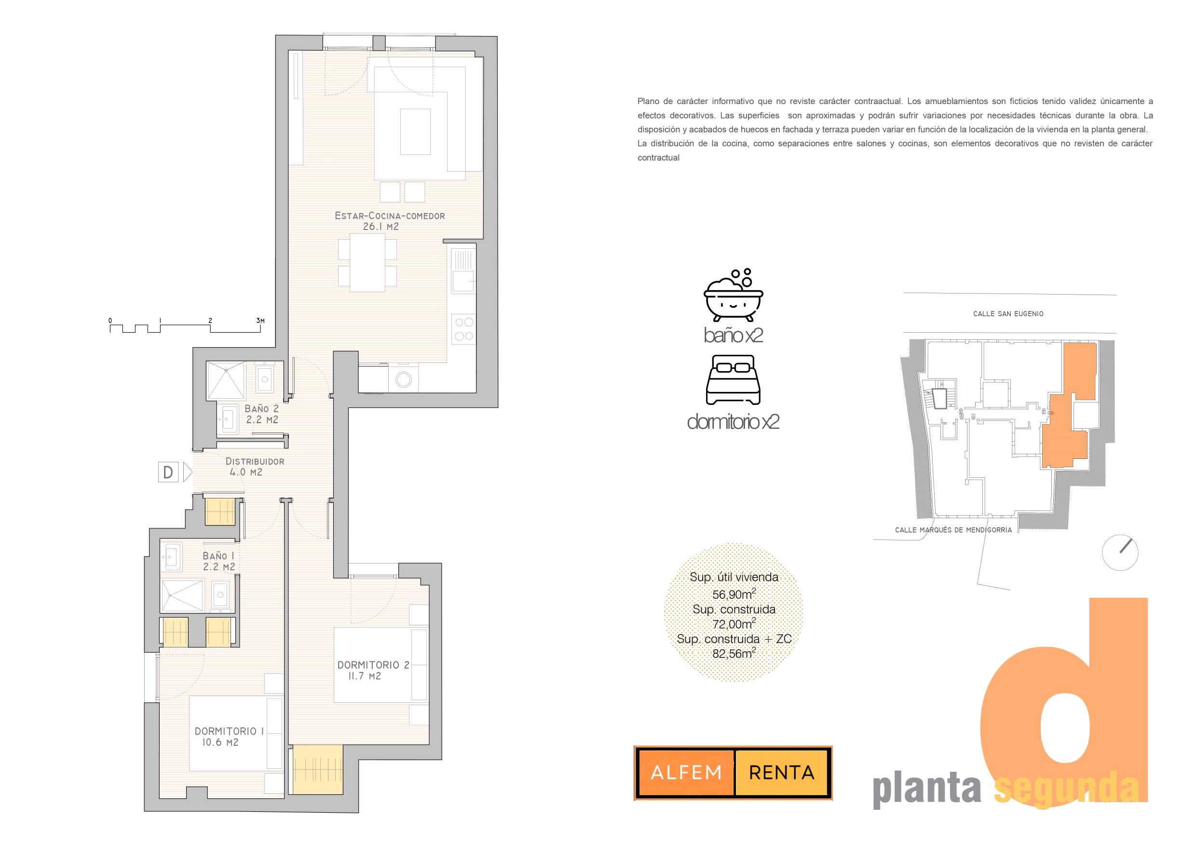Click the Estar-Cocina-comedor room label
point(390,216)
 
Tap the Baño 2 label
point(262,409)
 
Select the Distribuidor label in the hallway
point(255,461)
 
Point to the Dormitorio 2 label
point(373,665)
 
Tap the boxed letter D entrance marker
point(168,472)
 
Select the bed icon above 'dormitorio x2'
point(733,380)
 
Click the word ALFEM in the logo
point(686,773)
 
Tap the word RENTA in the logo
point(781,773)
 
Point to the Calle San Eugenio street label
point(1008,314)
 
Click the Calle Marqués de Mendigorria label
point(953,530)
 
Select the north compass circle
point(1120,552)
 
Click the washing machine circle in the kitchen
point(404,379)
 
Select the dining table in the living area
point(367,263)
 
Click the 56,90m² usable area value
point(734,594)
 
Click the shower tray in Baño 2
point(225,380)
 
